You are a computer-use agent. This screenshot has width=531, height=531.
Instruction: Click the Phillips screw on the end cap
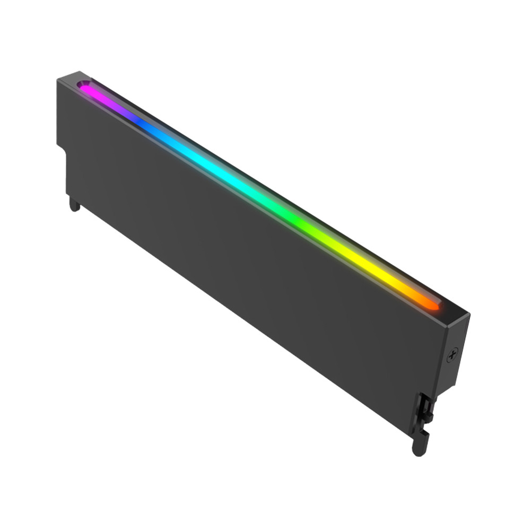tap(452, 355)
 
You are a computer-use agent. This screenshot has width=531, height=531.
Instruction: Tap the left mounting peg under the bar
tap(75, 204)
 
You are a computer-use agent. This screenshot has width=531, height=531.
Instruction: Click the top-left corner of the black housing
tap(58, 79)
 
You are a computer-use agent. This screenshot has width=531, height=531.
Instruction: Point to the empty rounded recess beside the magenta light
tap(83, 84)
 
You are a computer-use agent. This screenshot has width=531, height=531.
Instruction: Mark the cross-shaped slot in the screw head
tap(452, 355)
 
